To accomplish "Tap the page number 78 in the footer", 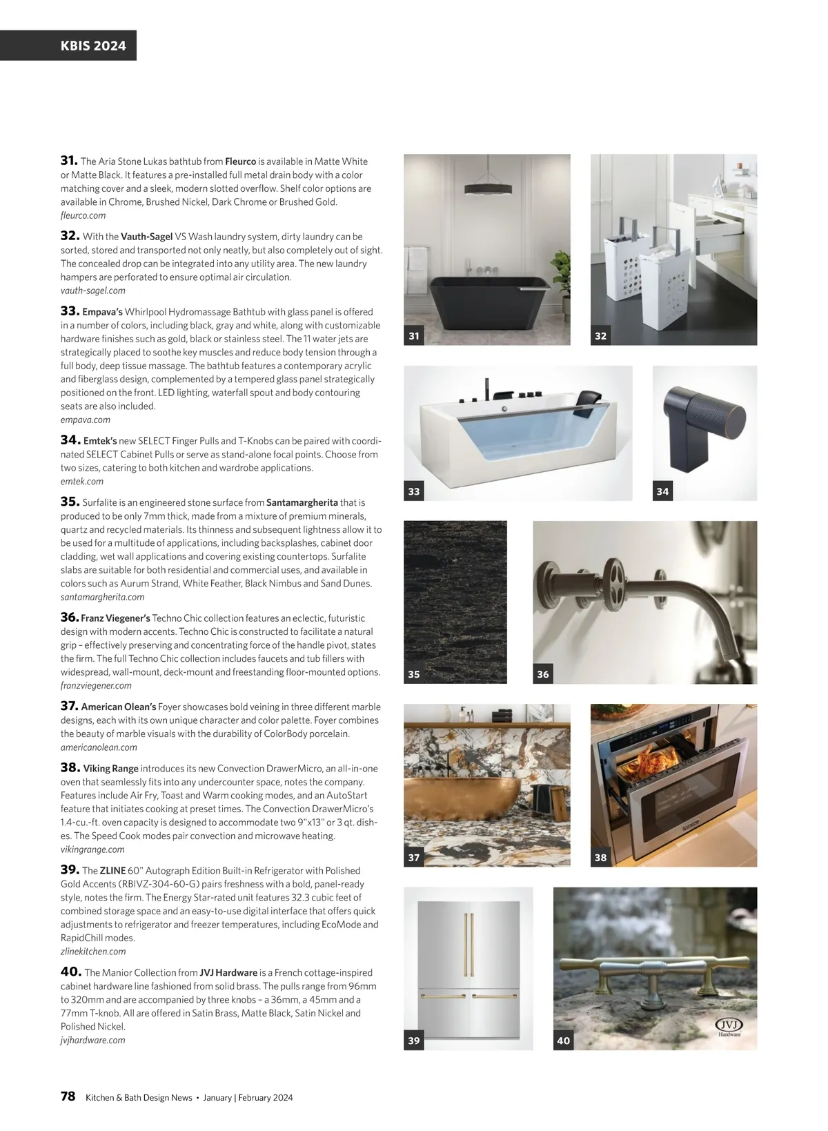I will (x=68, y=1096).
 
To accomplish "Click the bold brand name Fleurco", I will (x=240, y=161).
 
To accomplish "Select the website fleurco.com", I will (x=83, y=215).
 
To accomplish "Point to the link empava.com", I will (x=85, y=420).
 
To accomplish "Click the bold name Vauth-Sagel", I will (x=146, y=237).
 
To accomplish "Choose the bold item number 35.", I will (x=69, y=502).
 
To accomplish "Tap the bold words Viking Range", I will (x=110, y=768).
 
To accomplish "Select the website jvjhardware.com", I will (x=92, y=1040).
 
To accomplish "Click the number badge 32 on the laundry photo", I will (x=600, y=336).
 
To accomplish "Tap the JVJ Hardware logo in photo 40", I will (x=729, y=1027).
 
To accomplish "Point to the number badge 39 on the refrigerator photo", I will (x=413, y=1041).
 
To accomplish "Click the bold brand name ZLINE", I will (x=112, y=871).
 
